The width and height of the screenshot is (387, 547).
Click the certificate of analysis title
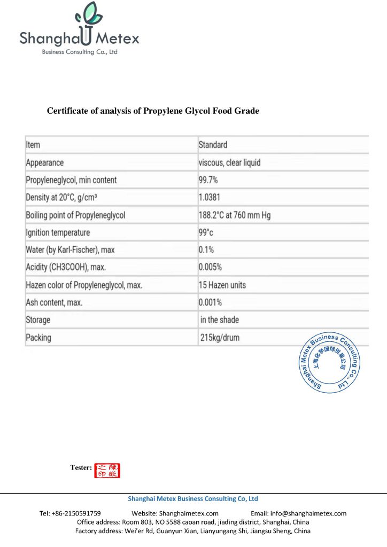point(153,111)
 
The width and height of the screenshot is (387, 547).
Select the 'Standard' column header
point(213,145)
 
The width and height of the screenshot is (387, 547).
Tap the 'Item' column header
point(33,145)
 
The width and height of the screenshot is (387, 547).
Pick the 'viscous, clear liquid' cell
point(229,162)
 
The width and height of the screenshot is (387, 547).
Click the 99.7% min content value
point(208,180)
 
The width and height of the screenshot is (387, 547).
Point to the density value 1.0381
point(209,198)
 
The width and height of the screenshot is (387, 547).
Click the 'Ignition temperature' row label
point(58,233)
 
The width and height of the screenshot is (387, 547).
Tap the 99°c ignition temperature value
point(206,233)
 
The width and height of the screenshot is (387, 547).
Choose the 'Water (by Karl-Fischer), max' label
point(70,250)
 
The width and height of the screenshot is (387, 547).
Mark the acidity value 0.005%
point(210,267)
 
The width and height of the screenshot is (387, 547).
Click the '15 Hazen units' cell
point(222,285)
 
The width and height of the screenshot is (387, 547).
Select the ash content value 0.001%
point(210,302)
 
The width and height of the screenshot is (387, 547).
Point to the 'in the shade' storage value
point(220,320)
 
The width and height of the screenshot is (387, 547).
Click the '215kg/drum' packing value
point(219,338)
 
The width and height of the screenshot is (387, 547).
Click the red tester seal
point(107,471)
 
